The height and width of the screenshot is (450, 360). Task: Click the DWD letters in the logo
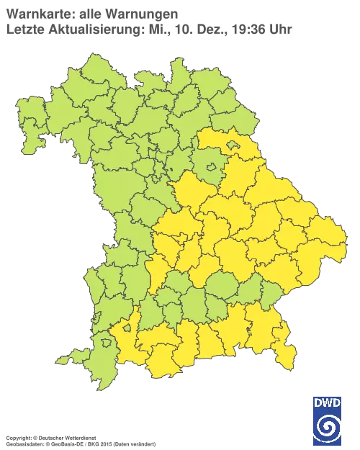point(327,404)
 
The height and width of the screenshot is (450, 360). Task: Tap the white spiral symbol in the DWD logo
point(327,428)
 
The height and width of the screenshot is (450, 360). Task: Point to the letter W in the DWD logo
point(327,404)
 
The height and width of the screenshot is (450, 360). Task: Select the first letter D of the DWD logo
point(318,404)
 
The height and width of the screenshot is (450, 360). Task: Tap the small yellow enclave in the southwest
point(127,329)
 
